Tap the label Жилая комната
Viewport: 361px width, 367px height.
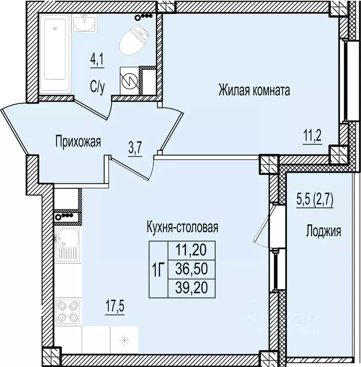pyautogui.click(x=254, y=89)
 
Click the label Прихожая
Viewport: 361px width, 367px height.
pyautogui.click(x=78, y=141)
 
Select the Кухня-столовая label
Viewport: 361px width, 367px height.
pyautogui.click(x=182, y=227)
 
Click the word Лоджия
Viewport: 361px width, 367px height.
pyautogui.click(x=323, y=232)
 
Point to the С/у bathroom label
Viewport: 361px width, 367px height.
pyautogui.click(x=98, y=86)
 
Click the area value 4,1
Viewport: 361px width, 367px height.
pyautogui.click(x=97, y=61)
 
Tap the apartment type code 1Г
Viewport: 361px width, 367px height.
pyautogui.click(x=158, y=269)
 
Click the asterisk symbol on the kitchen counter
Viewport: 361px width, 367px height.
pyautogui.click(x=124, y=341)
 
